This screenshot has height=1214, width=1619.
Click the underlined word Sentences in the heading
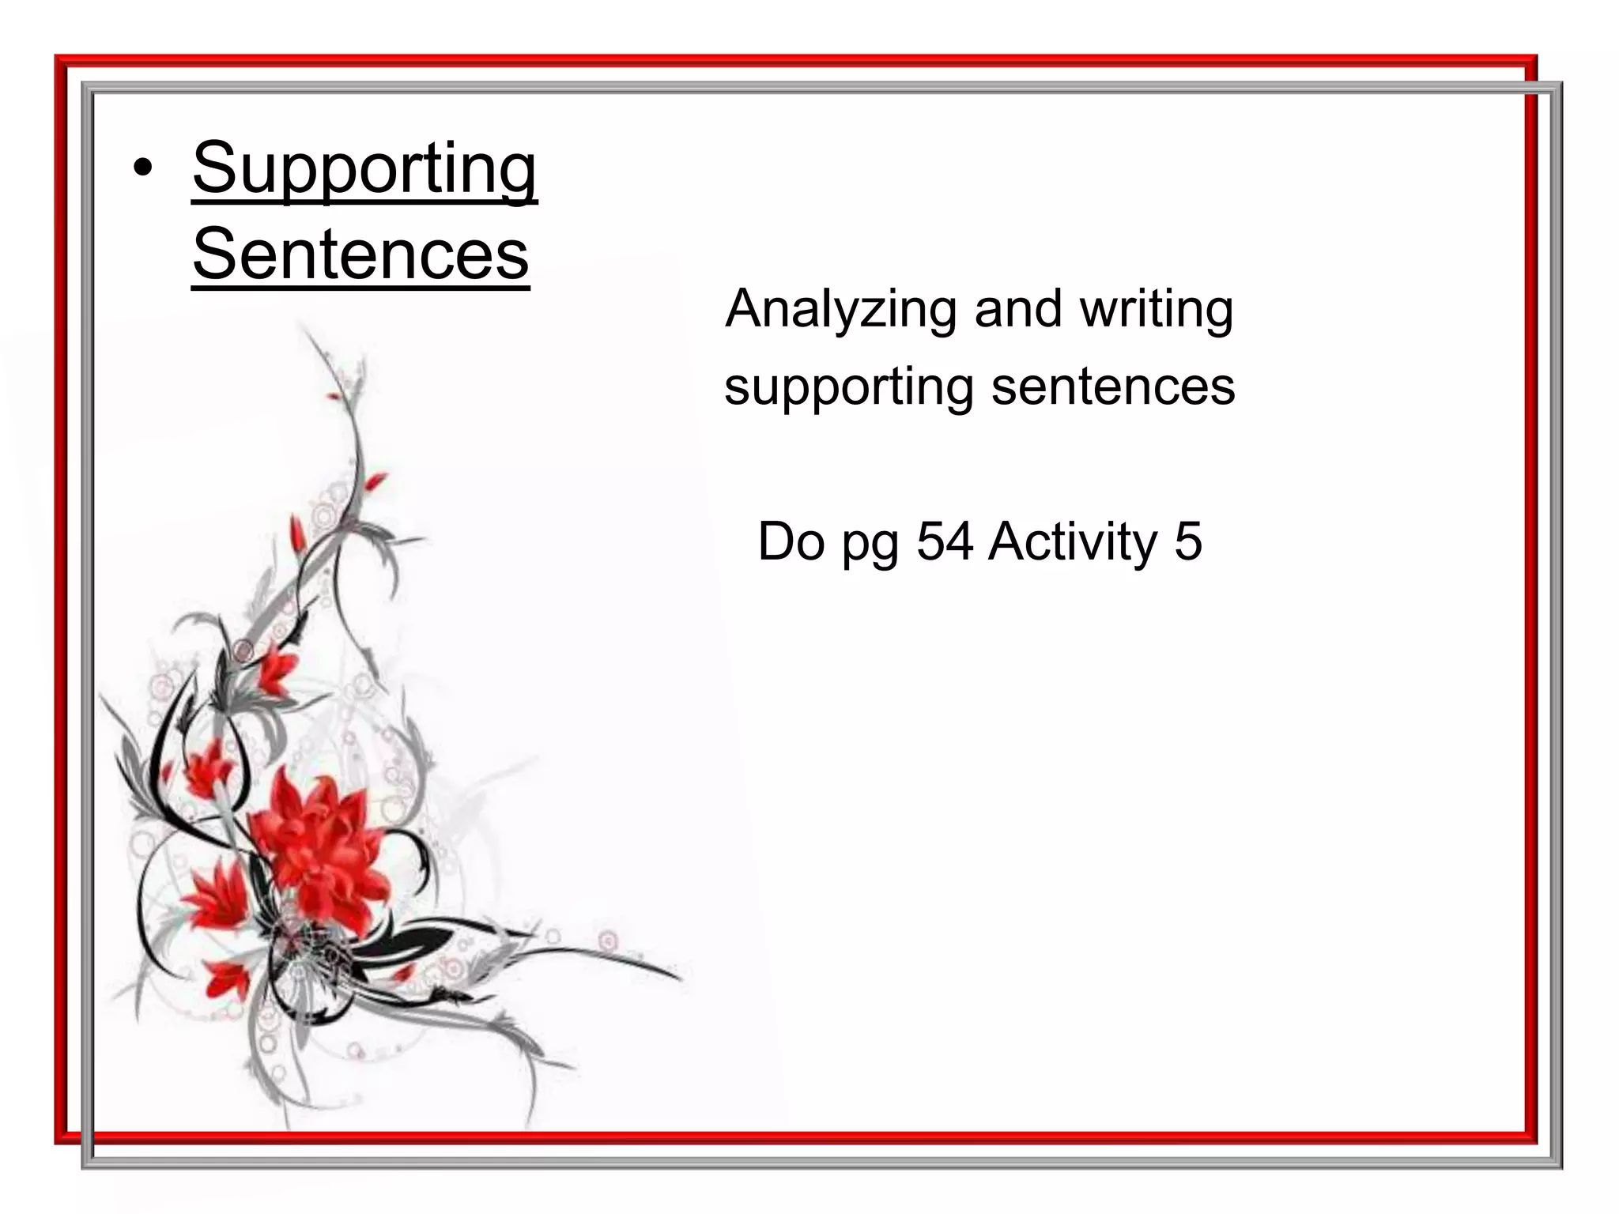(360, 254)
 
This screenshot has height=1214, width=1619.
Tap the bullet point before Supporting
(142, 168)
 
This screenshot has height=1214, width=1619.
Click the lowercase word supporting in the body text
(848, 387)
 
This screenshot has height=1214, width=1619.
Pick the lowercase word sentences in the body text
(1113, 386)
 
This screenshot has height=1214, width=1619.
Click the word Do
(791, 542)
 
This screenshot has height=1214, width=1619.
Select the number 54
(945, 542)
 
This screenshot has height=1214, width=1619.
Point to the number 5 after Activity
(1188, 542)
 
